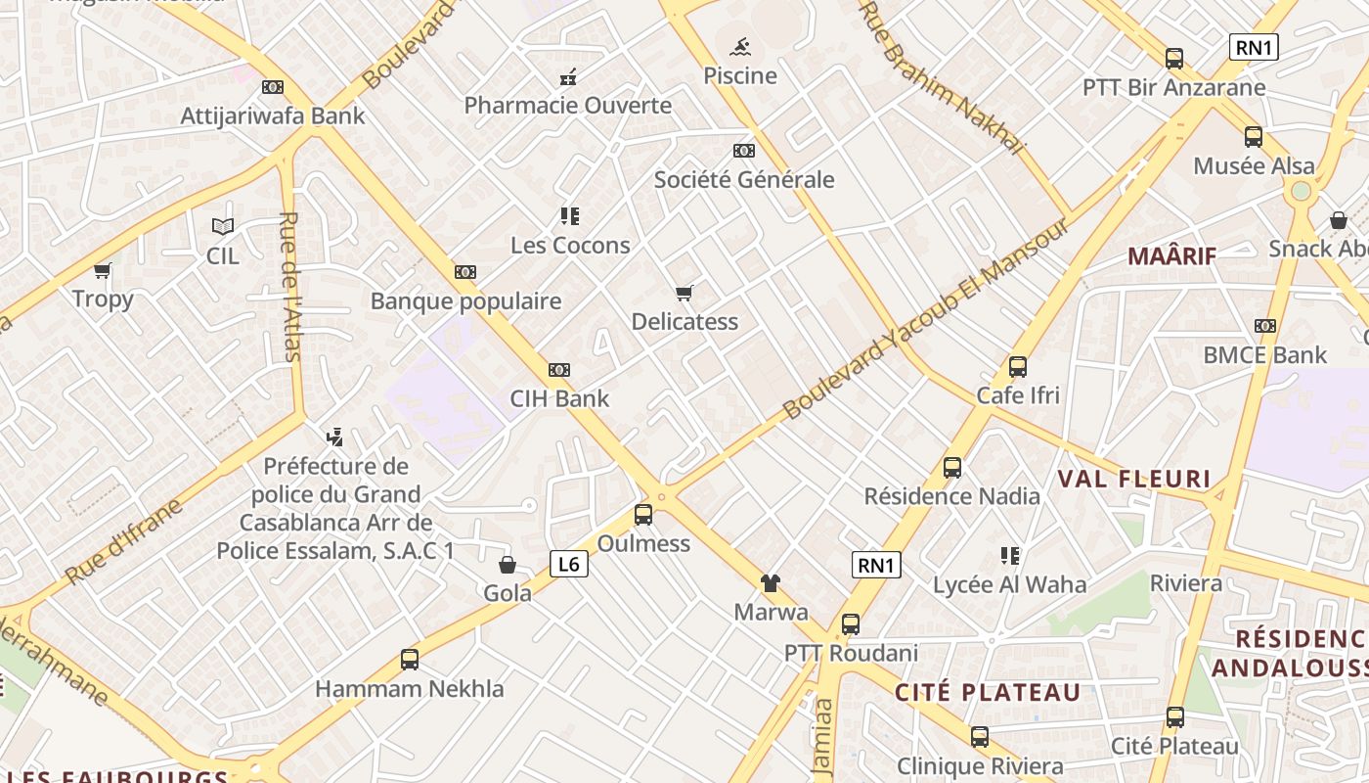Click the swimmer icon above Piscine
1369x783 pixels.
point(740,46)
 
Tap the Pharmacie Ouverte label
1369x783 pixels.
point(567,105)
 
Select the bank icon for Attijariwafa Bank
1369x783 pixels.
point(273,87)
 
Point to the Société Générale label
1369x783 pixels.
point(744,179)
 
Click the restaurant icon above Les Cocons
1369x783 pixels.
point(569,216)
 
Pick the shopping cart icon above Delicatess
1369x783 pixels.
point(684,293)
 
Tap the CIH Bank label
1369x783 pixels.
point(559,398)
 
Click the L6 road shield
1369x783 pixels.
point(569,564)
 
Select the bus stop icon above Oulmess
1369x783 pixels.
point(643,515)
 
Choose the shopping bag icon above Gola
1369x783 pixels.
point(508,565)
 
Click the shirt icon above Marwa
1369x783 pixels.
point(771,583)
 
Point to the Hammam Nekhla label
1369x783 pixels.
point(410,688)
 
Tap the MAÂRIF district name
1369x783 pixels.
point(1171,256)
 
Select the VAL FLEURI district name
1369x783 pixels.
point(1134,479)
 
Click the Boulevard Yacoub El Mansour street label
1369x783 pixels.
point(927,320)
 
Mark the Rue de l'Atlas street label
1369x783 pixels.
point(290,286)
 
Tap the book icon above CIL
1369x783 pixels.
point(223,227)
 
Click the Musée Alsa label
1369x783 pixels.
point(1255,165)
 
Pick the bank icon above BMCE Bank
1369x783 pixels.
point(1265,326)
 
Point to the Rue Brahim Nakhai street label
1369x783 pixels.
point(942,77)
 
